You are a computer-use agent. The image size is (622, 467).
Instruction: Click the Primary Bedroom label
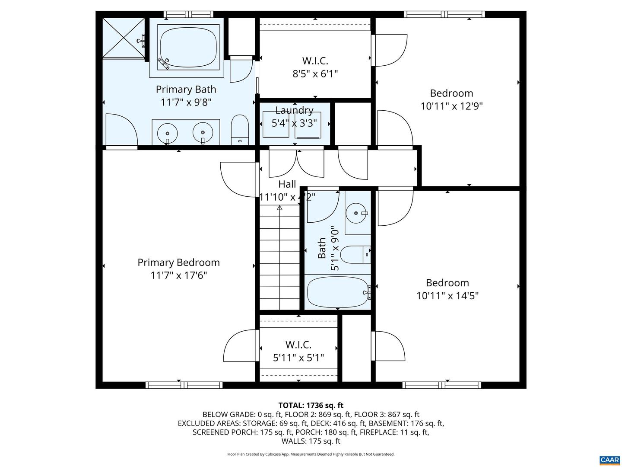click(178, 262)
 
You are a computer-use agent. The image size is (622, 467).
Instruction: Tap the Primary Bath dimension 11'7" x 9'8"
click(186, 102)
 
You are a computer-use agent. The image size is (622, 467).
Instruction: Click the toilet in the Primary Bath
click(240, 130)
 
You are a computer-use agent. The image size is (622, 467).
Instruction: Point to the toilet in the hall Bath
click(355, 254)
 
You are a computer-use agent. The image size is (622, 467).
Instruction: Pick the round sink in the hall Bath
click(356, 213)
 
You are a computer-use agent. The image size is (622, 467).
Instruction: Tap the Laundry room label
click(295, 110)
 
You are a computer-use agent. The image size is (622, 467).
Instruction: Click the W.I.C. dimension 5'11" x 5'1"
click(298, 358)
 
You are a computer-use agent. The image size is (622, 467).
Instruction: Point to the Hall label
click(287, 184)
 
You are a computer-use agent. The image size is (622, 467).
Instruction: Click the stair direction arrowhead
click(280, 208)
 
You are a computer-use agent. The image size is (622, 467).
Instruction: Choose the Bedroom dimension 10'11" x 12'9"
click(451, 106)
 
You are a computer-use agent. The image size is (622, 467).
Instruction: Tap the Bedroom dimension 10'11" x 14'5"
click(447, 296)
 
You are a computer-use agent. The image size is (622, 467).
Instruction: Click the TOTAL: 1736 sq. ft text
click(311, 405)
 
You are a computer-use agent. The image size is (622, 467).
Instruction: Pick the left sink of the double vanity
click(167, 133)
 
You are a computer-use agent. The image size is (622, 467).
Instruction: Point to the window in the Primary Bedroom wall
click(184, 385)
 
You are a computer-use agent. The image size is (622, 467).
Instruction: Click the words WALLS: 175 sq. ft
click(311, 441)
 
